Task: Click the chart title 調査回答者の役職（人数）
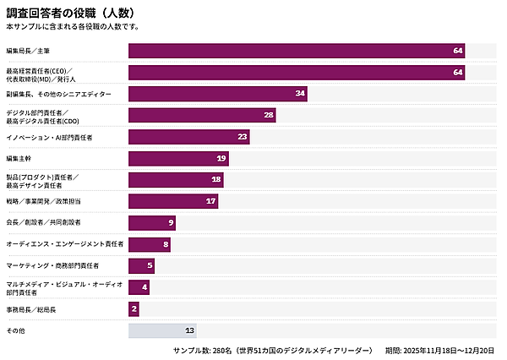click(x=69, y=14)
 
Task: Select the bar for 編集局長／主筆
click(x=296, y=51)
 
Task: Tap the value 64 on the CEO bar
click(x=458, y=72)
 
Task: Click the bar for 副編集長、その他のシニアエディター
click(x=217, y=93)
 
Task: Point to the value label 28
click(x=269, y=115)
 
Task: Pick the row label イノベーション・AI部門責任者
click(x=49, y=137)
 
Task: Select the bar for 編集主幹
click(x=178, y=158)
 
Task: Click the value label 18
click(x=216, y=179)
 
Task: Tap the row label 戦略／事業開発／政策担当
click(x=43, y=201)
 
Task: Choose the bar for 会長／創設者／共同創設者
click(x=152, y=222)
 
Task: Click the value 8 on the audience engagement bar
click(x=166, y=244)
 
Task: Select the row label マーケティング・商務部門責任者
click(x=52, y=265)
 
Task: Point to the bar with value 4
click(x=139, y=287)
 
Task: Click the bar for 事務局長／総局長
click(x=134, y=309)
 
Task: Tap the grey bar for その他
click(x=162, y=330)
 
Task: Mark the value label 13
click(x=189, y=330)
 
